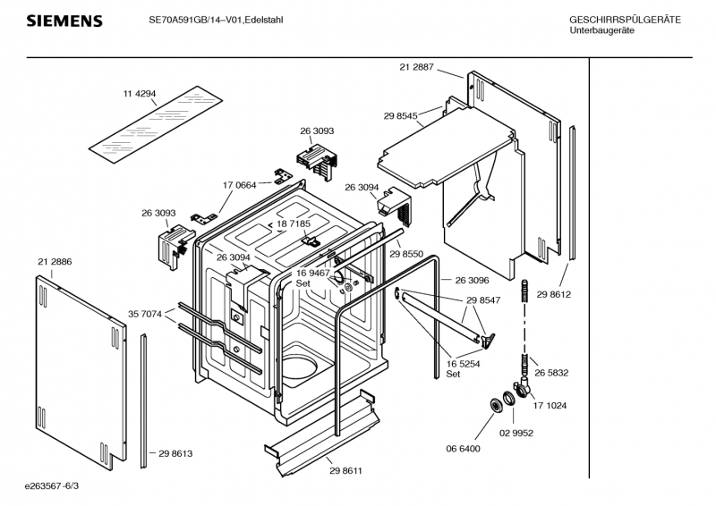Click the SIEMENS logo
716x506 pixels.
[64, 21]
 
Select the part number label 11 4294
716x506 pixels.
[140, 94]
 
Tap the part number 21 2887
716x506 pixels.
[416, 67]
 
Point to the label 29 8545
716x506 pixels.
[400, 116]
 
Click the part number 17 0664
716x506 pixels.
[239, 185]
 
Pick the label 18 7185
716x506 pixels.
[294, 223]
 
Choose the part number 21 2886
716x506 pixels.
[55, 262]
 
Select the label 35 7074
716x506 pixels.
[145, 314]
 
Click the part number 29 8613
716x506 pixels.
[175, 453]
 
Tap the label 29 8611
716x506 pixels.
[345, 471]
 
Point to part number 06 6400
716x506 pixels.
[463, 449]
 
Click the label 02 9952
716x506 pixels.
[516, 433]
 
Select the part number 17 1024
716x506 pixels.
[550, 406]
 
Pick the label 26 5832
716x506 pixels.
[551, 373]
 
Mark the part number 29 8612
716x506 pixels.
[553, 295]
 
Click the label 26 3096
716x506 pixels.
[472, 280]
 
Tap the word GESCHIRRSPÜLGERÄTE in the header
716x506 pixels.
[625, 20]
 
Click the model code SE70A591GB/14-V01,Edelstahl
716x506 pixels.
[216, 20]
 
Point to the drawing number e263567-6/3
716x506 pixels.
[52, 486]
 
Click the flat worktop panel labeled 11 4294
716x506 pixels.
[155, 125]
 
